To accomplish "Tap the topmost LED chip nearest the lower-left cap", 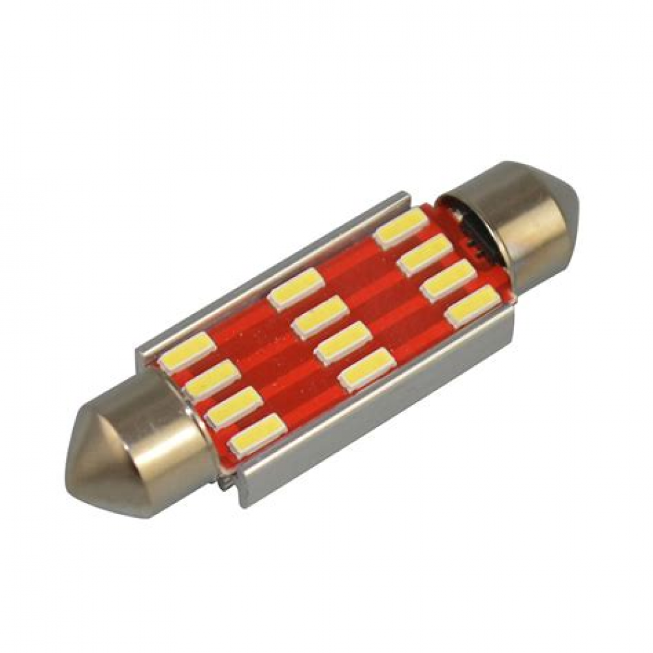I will pos(187,353).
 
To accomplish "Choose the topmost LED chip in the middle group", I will pos(296,288).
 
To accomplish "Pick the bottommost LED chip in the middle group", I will pos(367,369).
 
